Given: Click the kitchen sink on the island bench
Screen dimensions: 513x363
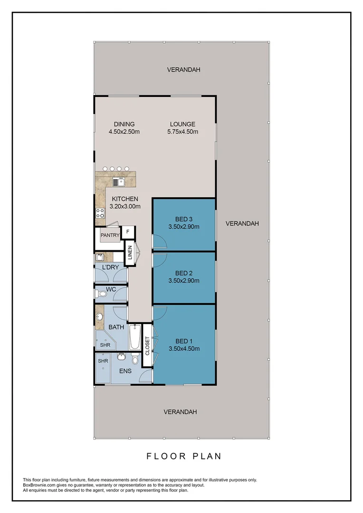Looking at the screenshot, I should [118, 181].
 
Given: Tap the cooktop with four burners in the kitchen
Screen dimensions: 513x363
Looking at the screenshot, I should [100, 214].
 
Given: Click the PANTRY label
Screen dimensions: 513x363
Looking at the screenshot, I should [109, 235].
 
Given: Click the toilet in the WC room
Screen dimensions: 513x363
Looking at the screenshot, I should [100, 294].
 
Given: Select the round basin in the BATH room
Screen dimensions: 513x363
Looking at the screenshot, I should [100, 316].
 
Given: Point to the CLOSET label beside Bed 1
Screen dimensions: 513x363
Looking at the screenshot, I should [147, 346].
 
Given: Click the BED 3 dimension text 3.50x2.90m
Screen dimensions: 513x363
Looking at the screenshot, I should [183, 227].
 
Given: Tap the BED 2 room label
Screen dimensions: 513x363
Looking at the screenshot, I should [183, 273].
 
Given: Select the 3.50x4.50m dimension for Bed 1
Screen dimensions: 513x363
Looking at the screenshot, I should [183, 348].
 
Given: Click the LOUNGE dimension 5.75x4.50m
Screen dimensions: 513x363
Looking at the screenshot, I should [183, 132].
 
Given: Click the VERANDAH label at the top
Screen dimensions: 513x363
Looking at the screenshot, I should [183, 69].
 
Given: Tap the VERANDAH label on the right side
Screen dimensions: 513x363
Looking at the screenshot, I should [242, 223].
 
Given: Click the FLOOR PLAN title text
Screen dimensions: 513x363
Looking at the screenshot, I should [183, 456].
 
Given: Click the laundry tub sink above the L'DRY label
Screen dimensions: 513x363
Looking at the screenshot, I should [100, 257].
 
